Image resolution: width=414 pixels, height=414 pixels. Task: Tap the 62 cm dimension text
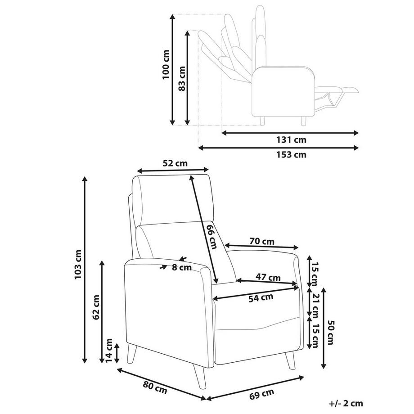96,307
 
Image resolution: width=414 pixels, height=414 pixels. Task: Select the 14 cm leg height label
109,351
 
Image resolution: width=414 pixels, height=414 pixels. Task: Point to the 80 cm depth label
155,388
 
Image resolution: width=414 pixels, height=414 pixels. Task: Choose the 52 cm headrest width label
175,163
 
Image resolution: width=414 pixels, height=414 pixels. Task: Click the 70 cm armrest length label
262,241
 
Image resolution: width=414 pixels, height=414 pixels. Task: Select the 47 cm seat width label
268,277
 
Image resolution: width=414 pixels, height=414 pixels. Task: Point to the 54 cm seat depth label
261,298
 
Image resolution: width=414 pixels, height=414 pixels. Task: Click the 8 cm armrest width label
182,267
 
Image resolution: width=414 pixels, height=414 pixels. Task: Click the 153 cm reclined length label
291,154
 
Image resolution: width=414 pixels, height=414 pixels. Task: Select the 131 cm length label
291,139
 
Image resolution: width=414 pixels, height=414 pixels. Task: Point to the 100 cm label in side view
166,64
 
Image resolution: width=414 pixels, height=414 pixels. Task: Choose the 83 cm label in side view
182,79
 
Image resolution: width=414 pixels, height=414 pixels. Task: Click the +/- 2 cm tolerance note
346,403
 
